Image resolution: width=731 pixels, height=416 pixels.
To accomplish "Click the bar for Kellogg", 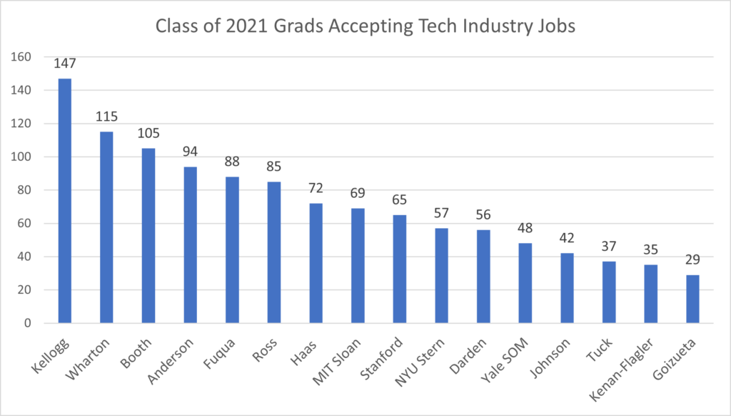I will [64, 201].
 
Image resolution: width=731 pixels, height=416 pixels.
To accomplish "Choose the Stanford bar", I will [400, 269].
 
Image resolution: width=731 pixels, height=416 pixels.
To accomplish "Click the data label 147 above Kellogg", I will [64, 64].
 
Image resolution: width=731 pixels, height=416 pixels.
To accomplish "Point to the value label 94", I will [190, 152].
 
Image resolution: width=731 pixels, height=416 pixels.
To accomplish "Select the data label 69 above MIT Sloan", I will [358, 193].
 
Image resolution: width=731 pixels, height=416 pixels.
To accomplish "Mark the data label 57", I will [441, 213].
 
